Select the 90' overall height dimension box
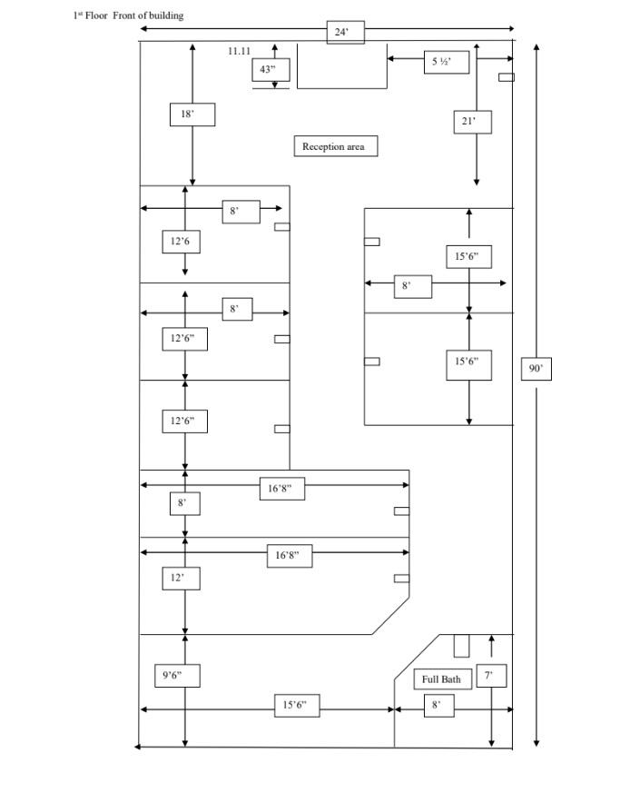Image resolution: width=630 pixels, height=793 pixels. coord(536,368)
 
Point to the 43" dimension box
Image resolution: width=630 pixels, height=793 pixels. coord(271,70)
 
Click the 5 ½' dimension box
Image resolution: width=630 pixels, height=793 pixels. coord(447,62)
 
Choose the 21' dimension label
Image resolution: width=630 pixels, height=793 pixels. coord(473,122)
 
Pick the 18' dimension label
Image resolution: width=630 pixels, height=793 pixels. coord(192,114)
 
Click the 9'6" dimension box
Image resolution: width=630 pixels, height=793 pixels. coord(178,676)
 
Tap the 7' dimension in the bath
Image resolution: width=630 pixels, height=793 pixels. coord(491,676)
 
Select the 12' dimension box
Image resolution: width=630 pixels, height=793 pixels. coord(181,578)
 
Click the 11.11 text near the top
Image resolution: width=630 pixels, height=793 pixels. coord(239,51)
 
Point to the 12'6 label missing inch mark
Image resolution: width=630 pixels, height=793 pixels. coord(181,242)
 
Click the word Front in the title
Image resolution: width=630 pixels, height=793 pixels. coord(124,15)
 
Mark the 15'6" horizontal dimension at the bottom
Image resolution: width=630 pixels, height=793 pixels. coord(298,706)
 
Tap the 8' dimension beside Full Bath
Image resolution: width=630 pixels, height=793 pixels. coord(438,706)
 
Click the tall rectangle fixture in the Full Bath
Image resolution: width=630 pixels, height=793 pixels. coord(461,646)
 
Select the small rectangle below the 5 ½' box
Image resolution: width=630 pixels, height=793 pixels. coord(507,77)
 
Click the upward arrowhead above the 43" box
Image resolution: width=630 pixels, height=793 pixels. coord(274,47)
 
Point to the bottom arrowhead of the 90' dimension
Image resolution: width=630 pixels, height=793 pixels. coord(536,743)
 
